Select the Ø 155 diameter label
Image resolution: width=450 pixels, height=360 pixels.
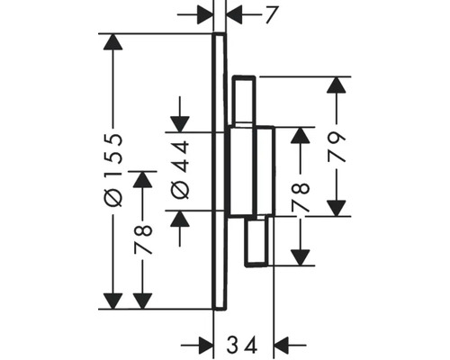[x=112, y=171]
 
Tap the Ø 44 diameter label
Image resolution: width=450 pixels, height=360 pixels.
[x=179, y=170]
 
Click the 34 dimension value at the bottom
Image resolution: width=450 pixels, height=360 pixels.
[x=243, y=343]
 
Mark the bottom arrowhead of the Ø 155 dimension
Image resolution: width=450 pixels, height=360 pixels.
[x=112, y=301]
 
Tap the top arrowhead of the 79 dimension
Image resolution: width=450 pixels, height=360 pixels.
[x=337, y=85]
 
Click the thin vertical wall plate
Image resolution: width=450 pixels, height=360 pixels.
[x=219, y=171]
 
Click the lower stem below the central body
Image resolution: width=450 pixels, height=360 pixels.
[x=257, y=241]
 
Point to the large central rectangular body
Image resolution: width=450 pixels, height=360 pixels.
[x=250, y=171]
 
